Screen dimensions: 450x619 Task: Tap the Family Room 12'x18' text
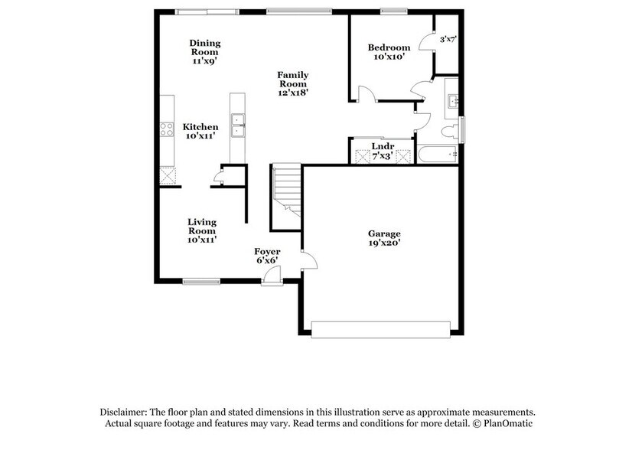click(292, 82)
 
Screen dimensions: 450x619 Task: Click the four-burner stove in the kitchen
click(165, 131)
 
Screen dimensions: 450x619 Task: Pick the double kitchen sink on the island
click(238, 125)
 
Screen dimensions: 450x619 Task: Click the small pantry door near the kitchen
click(218, 179)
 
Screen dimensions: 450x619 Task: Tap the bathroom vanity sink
click(452, 99)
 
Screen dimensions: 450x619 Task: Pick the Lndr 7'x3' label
click(382, 150)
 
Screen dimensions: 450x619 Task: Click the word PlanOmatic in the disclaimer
click(510, 422)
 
